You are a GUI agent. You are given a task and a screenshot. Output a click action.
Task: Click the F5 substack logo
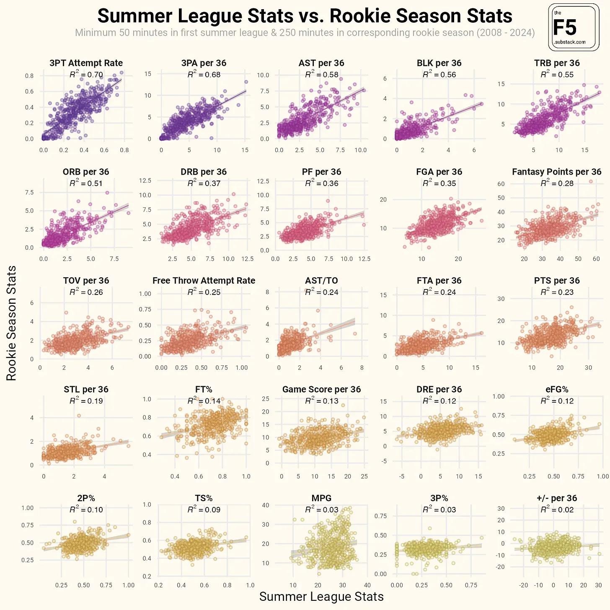pyautogui.click(x=574, y=28)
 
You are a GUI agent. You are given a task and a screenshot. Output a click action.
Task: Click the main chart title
pyautogui.click(x=305, y=16)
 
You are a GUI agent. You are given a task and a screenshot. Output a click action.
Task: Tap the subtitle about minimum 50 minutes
pyautogui.click(x=305, y=33)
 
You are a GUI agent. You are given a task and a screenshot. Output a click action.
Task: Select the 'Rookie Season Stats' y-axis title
pyautogui.click(x=11, y=323)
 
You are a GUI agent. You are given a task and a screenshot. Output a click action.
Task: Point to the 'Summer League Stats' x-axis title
pyautogui.click(x=321, y=597)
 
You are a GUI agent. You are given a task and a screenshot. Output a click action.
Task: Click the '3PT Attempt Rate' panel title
pyautogui.click(x=86, y=63)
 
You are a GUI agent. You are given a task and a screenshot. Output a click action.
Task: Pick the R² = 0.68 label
pyautogui.click(x=204, y=75)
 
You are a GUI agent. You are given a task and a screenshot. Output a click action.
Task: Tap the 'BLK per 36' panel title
pyautogui.click(x=439, y=63)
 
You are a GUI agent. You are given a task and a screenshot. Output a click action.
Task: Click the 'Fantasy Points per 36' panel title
pyautogui.click(x=556, y=172)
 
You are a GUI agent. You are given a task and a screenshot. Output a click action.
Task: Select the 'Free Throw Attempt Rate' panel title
pyautogui.click(x=204, y=281)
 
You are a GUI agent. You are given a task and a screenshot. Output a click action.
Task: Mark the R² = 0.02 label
pyautogui.click(x=557, y=509)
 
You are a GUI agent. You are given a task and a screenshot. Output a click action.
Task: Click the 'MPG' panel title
pyautogui.click(x=321, y=498)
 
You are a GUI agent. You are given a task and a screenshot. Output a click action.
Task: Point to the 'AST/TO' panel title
pyautogui.click(x=321, y=281)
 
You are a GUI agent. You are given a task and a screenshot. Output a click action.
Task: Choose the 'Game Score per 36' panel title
pyautogui.click(x=321, y=389)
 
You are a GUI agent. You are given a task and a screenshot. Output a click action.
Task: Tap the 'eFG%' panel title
pyautogui.click(x=557, y=389)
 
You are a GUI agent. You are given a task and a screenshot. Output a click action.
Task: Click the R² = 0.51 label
pyautogui.click(x=86, y=183)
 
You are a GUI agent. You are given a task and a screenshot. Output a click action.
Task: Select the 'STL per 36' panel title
pyautogui.click(x=86, y=389)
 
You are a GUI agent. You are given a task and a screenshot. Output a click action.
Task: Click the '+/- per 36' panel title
pyautogui.click(x=557, y=498)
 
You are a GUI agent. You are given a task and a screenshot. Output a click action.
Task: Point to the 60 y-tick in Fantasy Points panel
pyautogui.click(x=501, y=184)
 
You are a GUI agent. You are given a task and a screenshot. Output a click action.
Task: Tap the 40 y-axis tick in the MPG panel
pyautogui.click(x=266, y=505)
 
